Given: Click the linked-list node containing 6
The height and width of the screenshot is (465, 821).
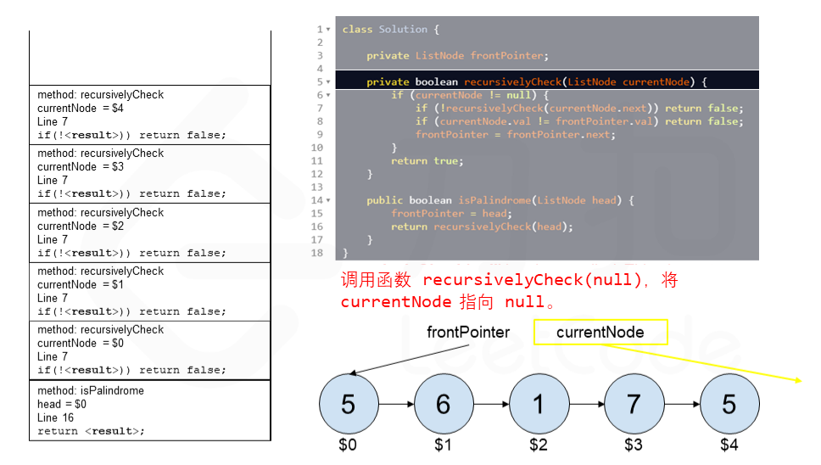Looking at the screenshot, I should (443, 404).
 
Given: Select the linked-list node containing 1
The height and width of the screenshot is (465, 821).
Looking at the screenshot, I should (538, 404).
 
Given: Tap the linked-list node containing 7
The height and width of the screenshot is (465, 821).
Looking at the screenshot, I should (634, 404).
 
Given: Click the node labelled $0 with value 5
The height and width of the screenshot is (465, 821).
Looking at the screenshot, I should (348, 404).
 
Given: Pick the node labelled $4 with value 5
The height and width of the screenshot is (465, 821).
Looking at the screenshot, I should (729, 404).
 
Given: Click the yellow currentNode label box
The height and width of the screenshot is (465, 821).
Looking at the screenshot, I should (600, 333).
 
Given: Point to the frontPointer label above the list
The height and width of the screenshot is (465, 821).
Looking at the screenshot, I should (468, 333).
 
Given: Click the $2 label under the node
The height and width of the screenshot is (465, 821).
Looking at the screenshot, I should (538, 445).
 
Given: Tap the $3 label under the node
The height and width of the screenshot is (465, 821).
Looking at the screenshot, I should (634, 445).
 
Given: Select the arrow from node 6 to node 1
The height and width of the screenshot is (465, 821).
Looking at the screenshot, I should (490, 405).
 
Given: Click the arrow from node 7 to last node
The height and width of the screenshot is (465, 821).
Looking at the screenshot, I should (681, 405).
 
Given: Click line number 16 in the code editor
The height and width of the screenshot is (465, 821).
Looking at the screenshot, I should (316, 227).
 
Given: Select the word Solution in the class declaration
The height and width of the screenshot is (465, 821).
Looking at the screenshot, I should (403, 30).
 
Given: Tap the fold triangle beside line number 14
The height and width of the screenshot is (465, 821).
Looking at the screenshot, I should (328, 201).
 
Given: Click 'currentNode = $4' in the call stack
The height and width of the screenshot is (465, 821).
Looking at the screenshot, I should (81, 109).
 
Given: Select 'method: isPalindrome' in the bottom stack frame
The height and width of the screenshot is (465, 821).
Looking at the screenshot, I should (91, 391).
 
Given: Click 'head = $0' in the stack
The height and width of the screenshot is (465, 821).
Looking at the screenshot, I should (62, 405).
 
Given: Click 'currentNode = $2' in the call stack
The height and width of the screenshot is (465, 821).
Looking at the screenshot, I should (81, 227).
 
